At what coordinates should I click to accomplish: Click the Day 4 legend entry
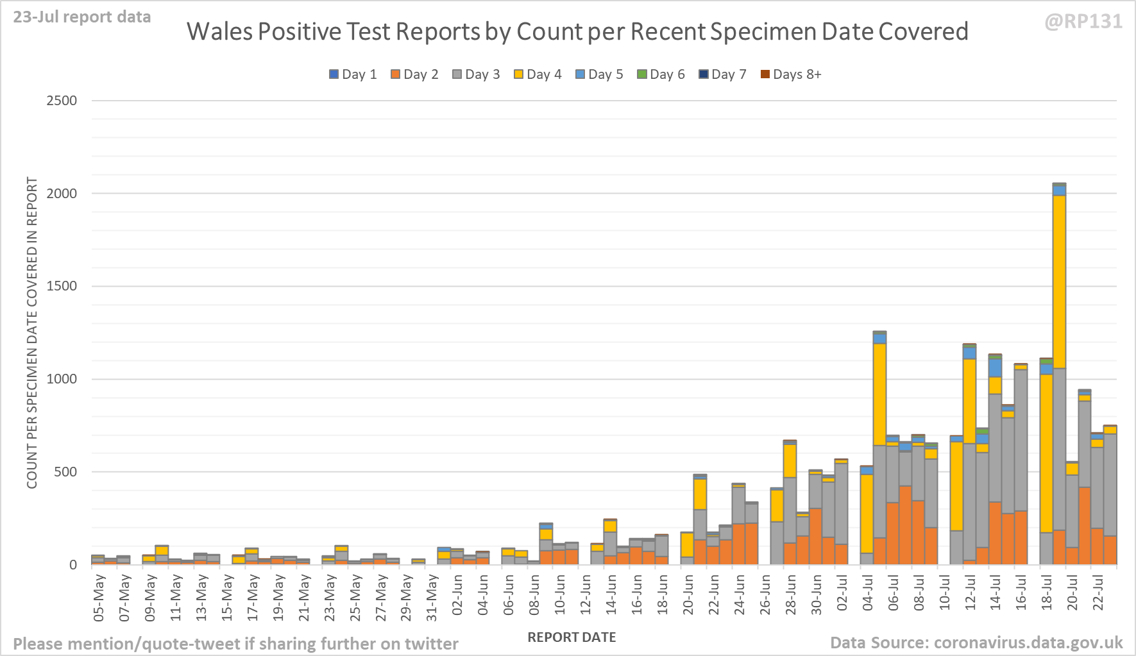click(538, 74)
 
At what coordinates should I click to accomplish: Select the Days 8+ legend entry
click(790, 74)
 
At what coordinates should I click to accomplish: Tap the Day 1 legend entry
click(353, 74)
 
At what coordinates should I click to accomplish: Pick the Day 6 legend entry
click(661, 74)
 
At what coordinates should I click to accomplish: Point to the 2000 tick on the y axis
click(62, 193)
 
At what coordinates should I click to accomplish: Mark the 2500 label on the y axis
click(62, 101)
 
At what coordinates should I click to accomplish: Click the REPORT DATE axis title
click(572, 637)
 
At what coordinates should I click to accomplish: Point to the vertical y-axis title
click(32, 332)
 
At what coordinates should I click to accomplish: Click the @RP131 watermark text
click(1083, 22)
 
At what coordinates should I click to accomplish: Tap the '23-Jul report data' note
click(82, 17)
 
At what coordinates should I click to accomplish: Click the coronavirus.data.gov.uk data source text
click(1028, 643)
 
